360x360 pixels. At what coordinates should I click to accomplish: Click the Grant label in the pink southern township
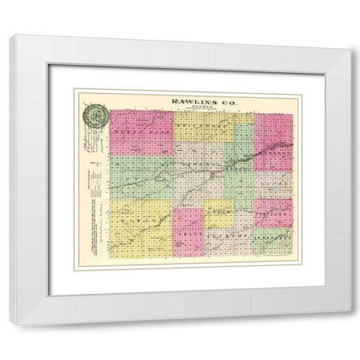(187, 232)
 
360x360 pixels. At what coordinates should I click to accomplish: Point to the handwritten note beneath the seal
(91, 146)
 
